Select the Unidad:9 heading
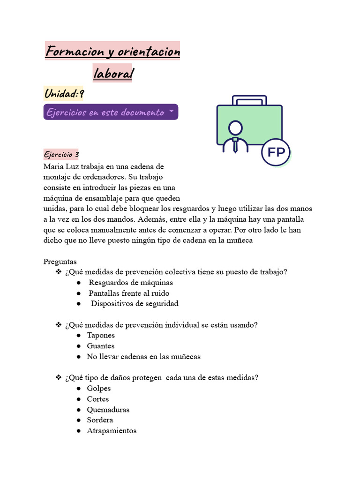64,94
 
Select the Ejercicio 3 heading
61,154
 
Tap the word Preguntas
60,262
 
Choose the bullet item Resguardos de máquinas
131,283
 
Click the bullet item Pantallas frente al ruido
129,293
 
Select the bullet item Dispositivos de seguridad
135,304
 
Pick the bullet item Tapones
101,336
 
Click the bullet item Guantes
100,346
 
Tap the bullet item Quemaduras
108,410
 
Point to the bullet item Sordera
100,420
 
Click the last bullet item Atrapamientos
112,431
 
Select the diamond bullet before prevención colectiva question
59,272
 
